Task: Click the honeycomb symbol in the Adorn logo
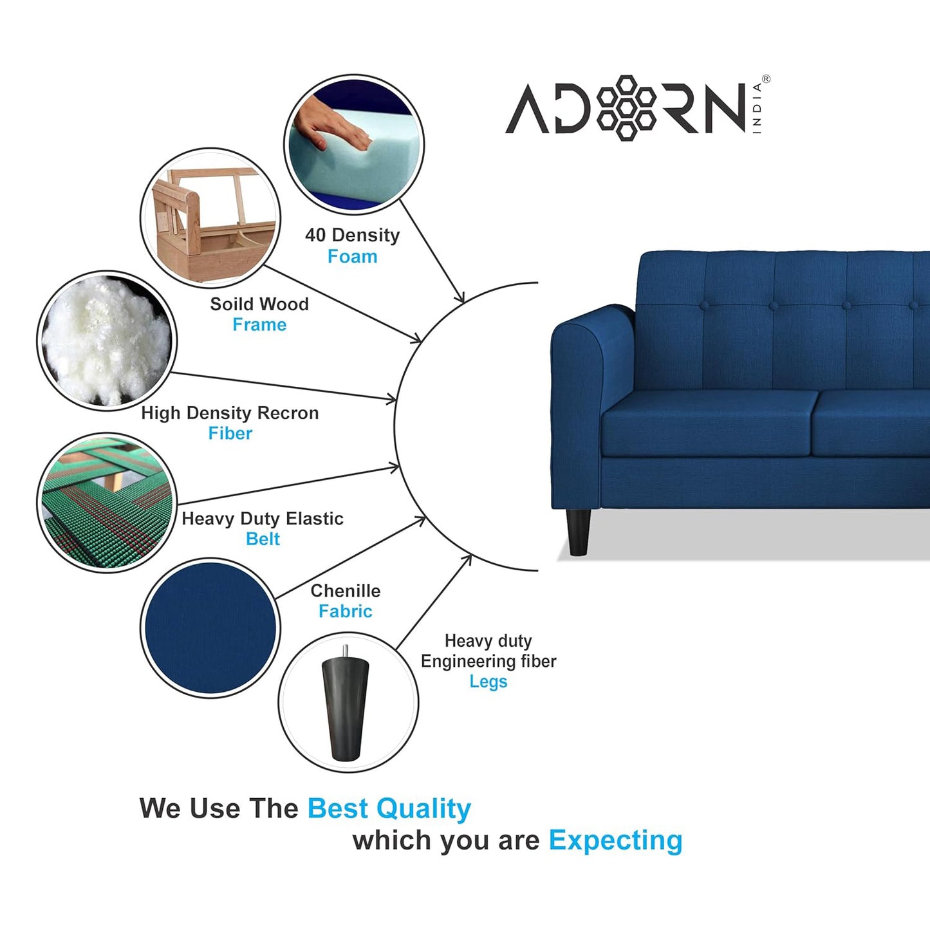[626, 107]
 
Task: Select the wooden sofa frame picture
[210, 218]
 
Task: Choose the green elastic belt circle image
[106, 502]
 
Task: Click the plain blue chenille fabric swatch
[210, 628]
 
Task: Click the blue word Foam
[352, 257]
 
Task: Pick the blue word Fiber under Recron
[230, 434]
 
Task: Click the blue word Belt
[263, 539]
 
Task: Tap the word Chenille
[346, 591]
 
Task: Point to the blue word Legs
[488, 682]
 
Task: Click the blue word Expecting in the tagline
[615, 841]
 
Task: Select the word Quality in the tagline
[424, 809]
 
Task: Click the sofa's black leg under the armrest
[578, 532]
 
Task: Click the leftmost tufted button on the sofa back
[704, 305]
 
